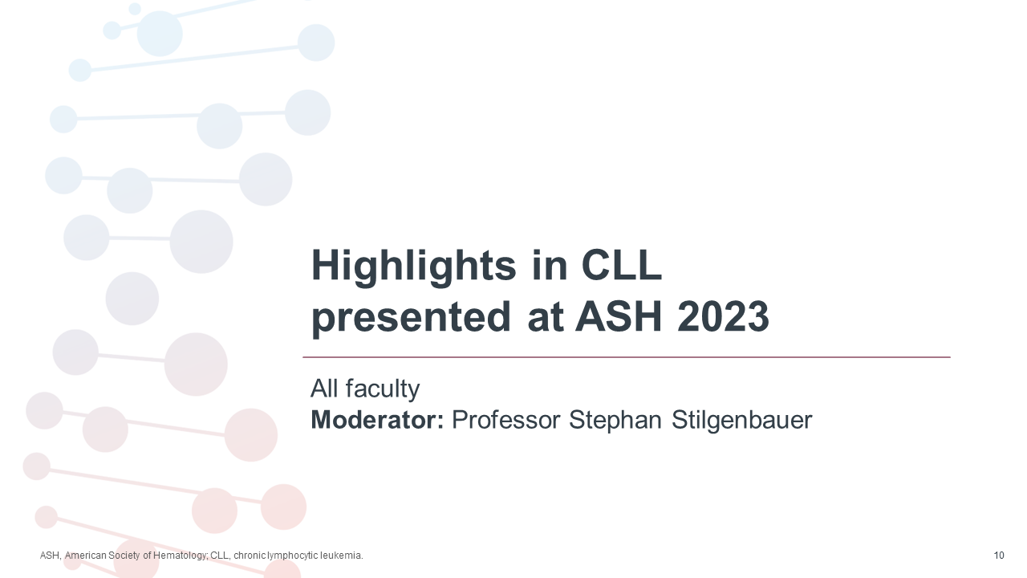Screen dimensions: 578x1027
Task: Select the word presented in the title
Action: [411, 318]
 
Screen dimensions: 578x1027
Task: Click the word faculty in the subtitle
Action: [382, 389]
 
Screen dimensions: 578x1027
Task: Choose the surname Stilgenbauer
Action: [744, 420]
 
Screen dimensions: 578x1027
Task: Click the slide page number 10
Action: [999, 556]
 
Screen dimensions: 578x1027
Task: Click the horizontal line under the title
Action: [626, 357]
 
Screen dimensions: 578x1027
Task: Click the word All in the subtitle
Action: [324, 389]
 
